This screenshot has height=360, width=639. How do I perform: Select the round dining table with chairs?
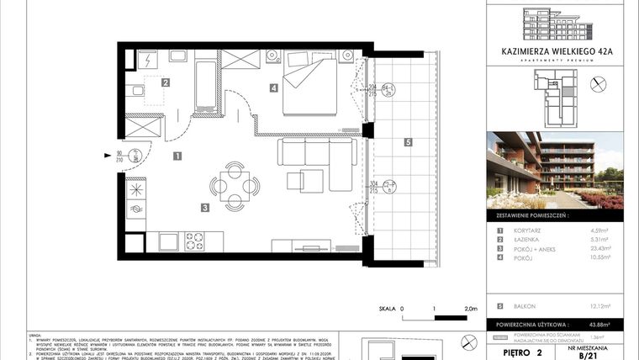(x=235, y=183)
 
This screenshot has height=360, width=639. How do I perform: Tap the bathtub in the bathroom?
(x=206, y=85)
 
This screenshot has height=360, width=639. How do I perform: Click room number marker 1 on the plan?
(x=177, y=156)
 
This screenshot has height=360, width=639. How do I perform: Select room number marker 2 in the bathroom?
(x=166, y=82)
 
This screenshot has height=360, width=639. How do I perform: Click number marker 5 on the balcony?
(x=407, y=142)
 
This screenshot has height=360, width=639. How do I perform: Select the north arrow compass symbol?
(x=599, y=83)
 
